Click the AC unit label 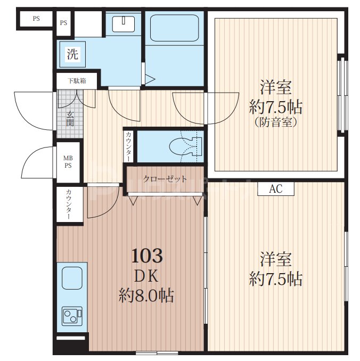pyautogui.click(x=276, y=189)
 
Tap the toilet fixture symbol pyautogui.click(x=185, y=146)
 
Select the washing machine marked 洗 pyautogui.click(x=72, y=54)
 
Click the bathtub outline pyautogui.click(x=174, y=28)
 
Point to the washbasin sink pyautogui.click(x=124, y=24)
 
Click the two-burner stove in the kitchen pyautogui.click(x=72, y=316)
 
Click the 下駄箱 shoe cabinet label pyautogui.click(x=77, y=81)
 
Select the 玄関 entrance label pyautogui.click(x=70, y=119)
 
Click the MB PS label pyautogui.click(x=68, y=162)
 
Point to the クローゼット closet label pyautogui.click(x=165, y=179)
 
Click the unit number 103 pyautogui.click(x=147, y=256)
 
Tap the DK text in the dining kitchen pyautogui.click(x=146, y=276)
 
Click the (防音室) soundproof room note pyautogui.click(x=276, y=122)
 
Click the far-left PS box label pyautogui.click(x=36, y=19)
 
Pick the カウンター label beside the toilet pyautogui.click(x=128, y=146)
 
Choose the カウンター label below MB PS pyautogui.click(x=68, y=204)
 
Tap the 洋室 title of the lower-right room pyautogui.click(x=276, y=259)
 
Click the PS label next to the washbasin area pyautogui.click(x=63, y=22)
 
